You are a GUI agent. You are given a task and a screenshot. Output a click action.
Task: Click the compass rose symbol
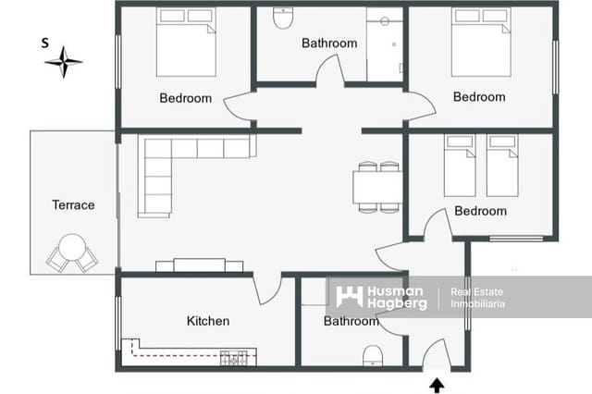click(x=63, y=62)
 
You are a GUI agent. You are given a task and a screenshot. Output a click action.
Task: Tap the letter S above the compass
click(x=44, y=43)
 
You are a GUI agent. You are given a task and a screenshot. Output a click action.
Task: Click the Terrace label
click(x=73, y=204)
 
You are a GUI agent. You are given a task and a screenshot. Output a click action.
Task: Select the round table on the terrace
click(x=71, y=248)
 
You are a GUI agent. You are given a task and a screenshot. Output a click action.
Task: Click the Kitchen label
click(x=208, y=321)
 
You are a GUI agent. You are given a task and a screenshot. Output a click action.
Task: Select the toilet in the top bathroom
click(x=283, y=18)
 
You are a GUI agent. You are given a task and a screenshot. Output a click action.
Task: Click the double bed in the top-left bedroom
click(x=185, y=43)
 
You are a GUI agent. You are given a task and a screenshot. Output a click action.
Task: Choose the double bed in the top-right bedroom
click(x=481, y=43)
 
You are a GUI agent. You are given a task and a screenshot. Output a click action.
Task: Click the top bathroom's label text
click(x=329, y=43)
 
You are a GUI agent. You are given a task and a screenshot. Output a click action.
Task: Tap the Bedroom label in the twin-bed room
click(x=480, y=211)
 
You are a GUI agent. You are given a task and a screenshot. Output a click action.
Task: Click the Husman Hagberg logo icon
click(x=349, y=297)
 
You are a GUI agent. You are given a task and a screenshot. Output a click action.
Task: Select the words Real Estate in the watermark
click(x=475, y=292)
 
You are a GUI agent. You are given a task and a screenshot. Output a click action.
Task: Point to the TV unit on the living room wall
click(x=199, y=265)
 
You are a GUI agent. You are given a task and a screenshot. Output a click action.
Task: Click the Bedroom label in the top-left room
click(x=185, y=98)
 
